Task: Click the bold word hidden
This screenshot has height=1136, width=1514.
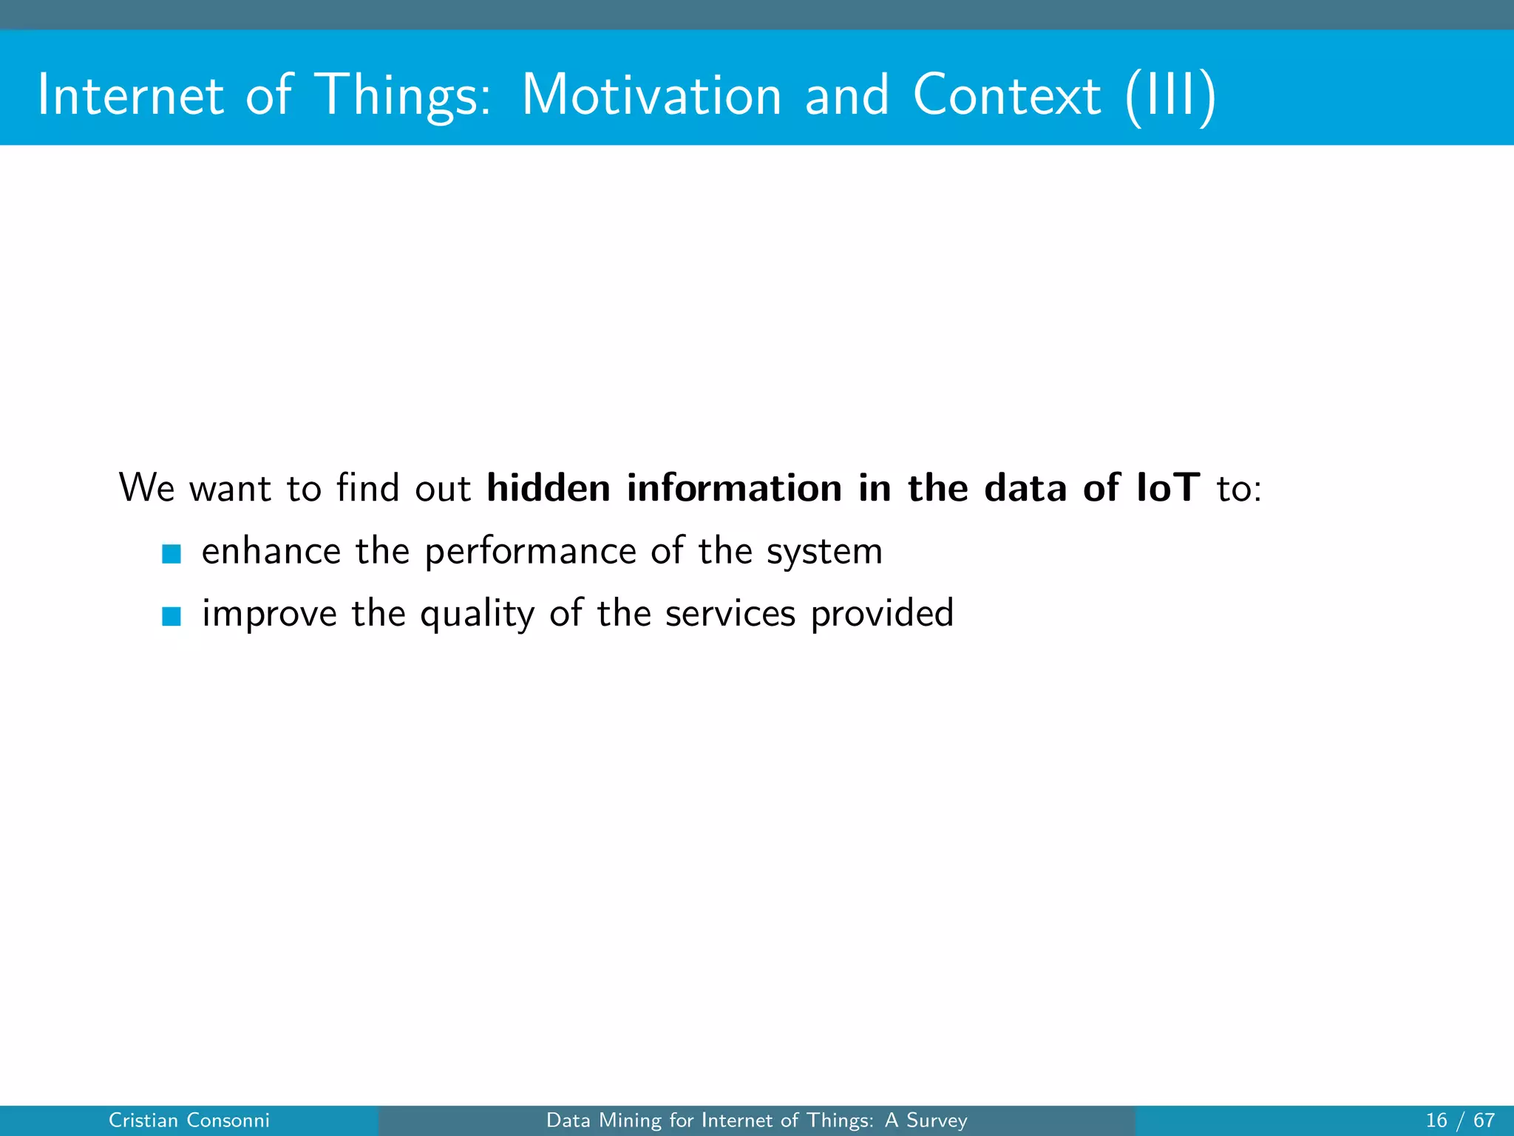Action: coord(548,488)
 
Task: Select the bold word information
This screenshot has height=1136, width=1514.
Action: coord(734,488)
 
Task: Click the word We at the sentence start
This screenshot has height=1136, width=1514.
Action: coord(146,488)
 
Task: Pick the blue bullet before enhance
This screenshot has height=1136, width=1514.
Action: coord(172,553)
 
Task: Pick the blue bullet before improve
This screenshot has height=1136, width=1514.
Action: coord(172,615)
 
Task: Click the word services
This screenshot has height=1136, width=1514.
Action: coord(730,614)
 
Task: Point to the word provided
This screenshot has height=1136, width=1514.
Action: coord(881,614)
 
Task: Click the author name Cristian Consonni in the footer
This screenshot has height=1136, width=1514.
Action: coord(189,1120)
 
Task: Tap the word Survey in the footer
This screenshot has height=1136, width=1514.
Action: coord(937,1120)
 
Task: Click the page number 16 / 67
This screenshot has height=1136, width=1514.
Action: coord(1460,1120)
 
